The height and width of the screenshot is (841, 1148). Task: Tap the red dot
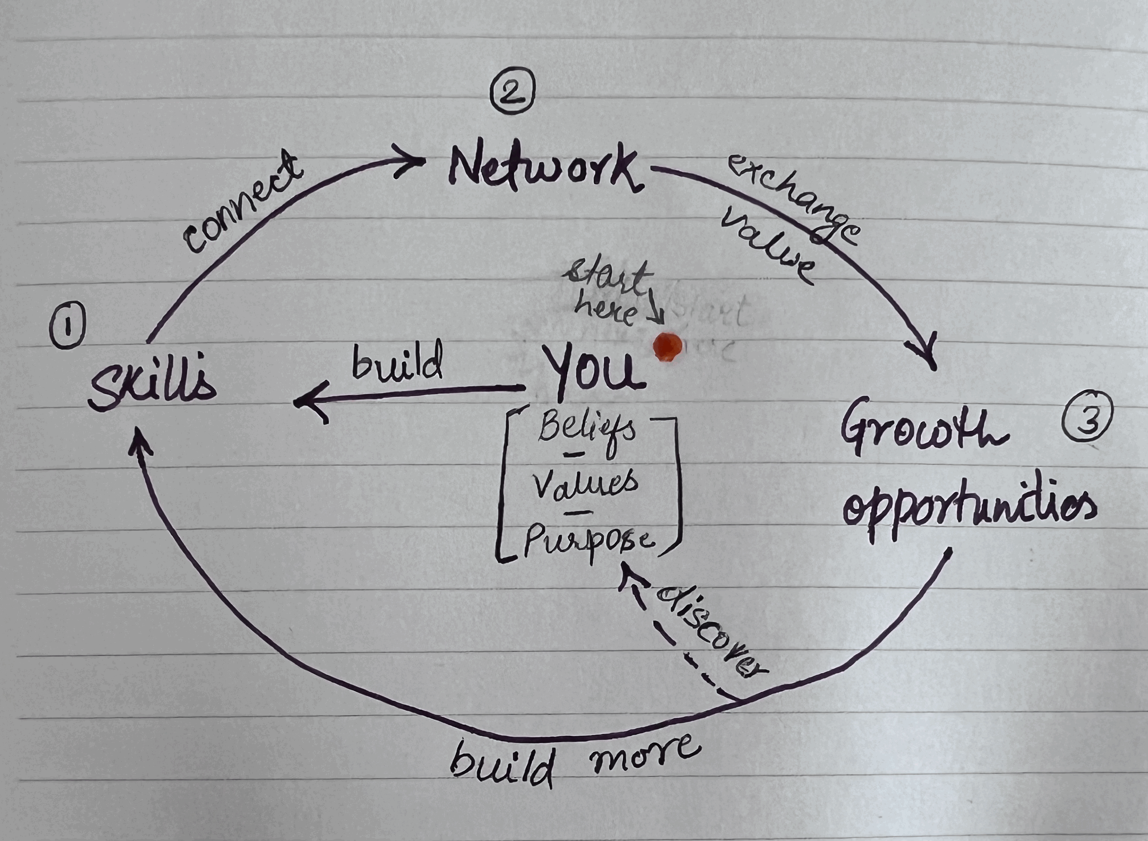668,347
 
